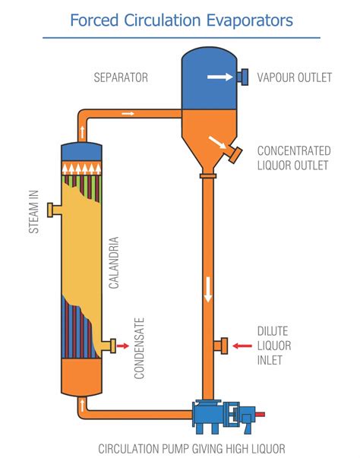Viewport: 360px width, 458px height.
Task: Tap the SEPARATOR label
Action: click(x=120, y=77)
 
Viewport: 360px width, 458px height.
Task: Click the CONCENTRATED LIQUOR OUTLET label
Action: click(x=293, y=157)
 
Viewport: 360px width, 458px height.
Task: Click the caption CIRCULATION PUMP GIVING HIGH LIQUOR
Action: click(x=181, y=448)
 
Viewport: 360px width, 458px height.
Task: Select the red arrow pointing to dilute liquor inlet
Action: click(x=242, y=346)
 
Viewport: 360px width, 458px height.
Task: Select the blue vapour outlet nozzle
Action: click(x=244, y=76)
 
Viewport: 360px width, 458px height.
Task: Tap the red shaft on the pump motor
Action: click(x=261, y=415)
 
